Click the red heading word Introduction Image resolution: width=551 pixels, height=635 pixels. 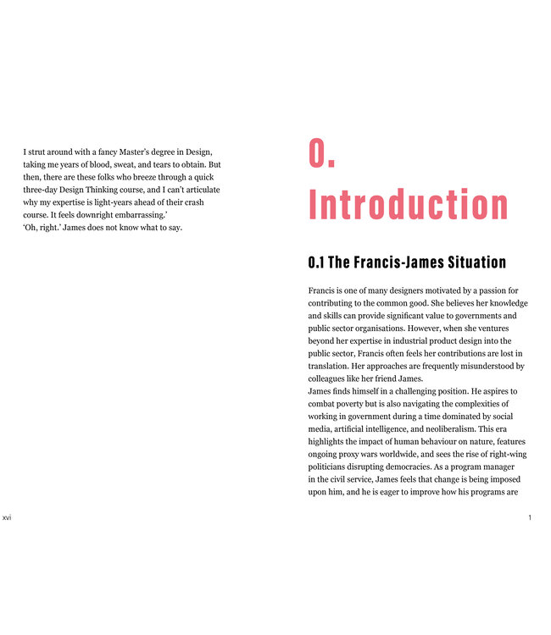pyautogui.click(x=409, y=206)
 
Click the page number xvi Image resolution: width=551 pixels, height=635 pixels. pyautogui.click(x=8, y=517)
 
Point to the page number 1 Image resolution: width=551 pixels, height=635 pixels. pyautogui.click(x=530, y=517)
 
